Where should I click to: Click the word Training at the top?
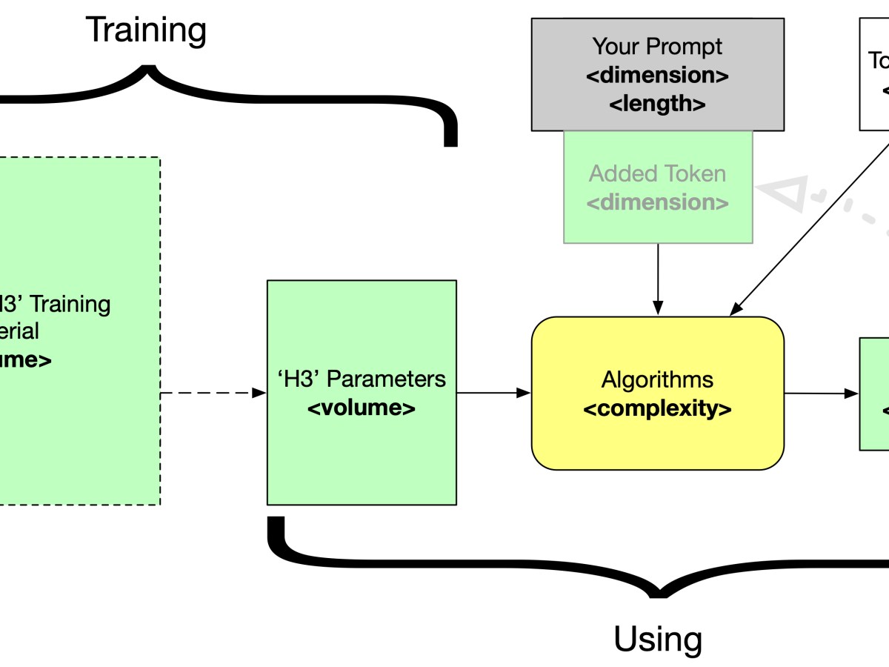146,30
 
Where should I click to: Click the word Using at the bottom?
658,638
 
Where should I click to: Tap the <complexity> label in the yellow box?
657,409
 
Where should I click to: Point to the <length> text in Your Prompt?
657,104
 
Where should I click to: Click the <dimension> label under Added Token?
657,202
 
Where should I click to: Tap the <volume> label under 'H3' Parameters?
362,408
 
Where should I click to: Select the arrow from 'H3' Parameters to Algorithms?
493,394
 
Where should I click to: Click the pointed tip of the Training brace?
148,68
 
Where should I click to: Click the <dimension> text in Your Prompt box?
657,76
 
